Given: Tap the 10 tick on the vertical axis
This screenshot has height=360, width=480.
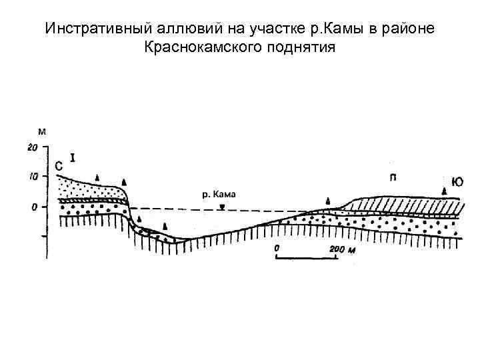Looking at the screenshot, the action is (32, 177).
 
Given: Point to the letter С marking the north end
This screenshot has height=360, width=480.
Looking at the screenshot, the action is (59, 165).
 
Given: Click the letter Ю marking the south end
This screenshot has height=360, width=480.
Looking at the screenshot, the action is (457, 181).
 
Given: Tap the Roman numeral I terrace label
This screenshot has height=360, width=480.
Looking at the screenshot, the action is (73, 158).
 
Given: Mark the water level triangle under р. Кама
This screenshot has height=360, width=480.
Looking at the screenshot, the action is (221, 207).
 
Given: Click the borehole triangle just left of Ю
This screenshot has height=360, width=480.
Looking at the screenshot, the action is (444, 190).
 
